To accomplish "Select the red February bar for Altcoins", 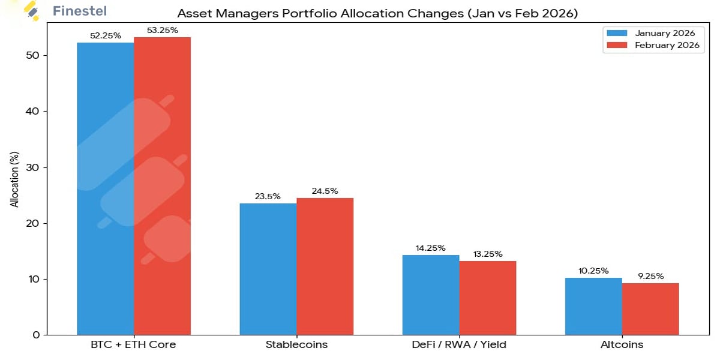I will click(650, 309).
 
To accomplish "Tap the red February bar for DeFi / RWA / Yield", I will click(487, 298).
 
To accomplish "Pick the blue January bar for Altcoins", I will click(593, 306).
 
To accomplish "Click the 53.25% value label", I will click(162, 30).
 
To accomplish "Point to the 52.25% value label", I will click(106, 35).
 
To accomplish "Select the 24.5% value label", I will click(325, 191).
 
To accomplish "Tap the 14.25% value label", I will click(430, 248).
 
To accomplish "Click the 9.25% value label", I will click(650, 276).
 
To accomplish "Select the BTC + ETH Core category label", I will click(133, 345).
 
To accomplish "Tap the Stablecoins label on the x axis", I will click(296, 345).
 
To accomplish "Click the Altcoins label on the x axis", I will click(622, 345).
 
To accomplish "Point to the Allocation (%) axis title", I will click(14, 180).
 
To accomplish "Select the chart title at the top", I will click(377, 13).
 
